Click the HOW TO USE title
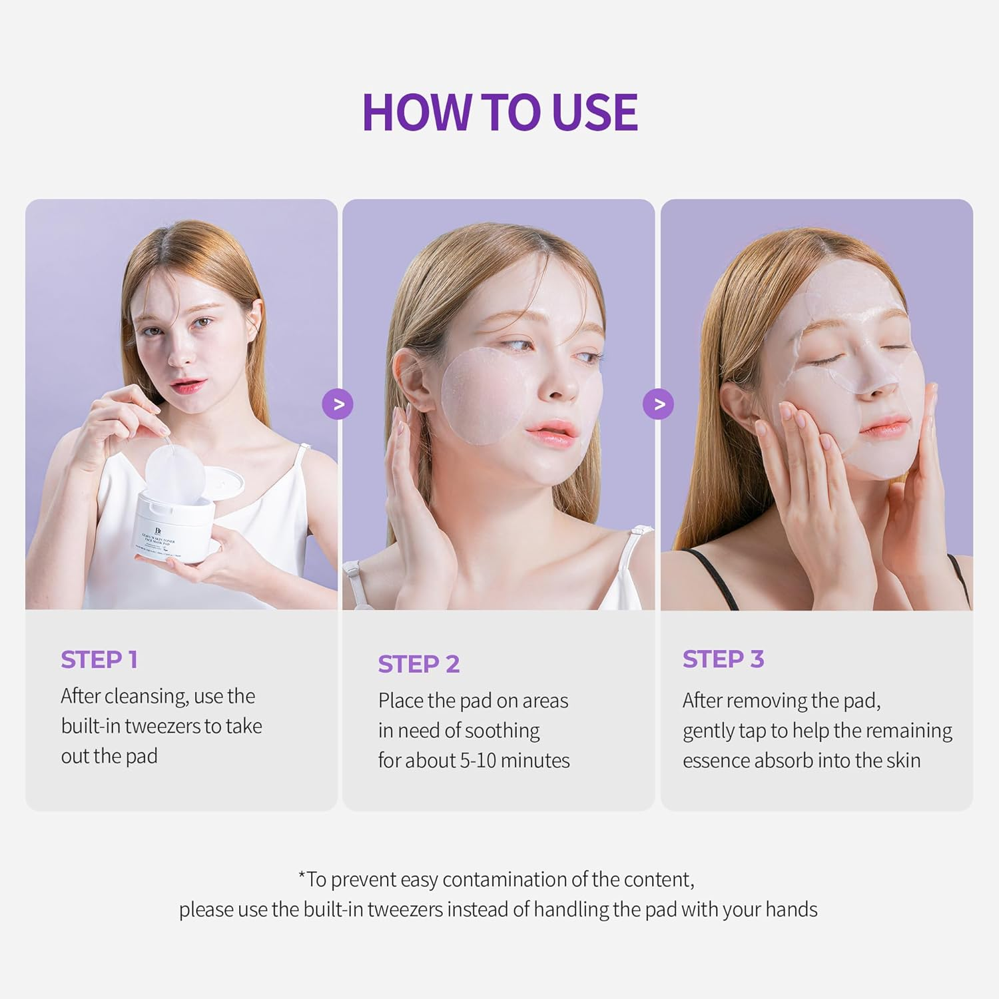click(499, 112)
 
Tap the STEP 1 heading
click(99, 659)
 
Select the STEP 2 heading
click(418, 664)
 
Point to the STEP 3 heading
click(723, 659)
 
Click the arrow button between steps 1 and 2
click(338, 404)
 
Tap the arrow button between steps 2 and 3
click(658, 404)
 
